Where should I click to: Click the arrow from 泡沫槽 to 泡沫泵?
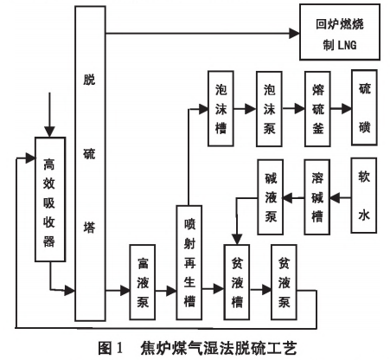(x=248, y=110)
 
